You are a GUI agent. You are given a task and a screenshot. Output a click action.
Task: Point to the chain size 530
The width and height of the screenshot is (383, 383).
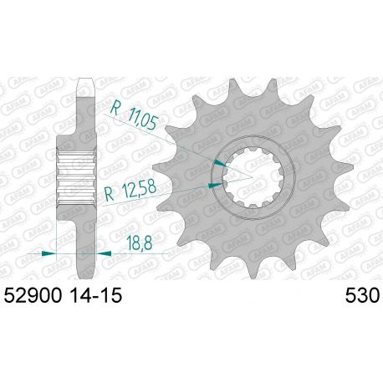(x=361, y=296)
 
